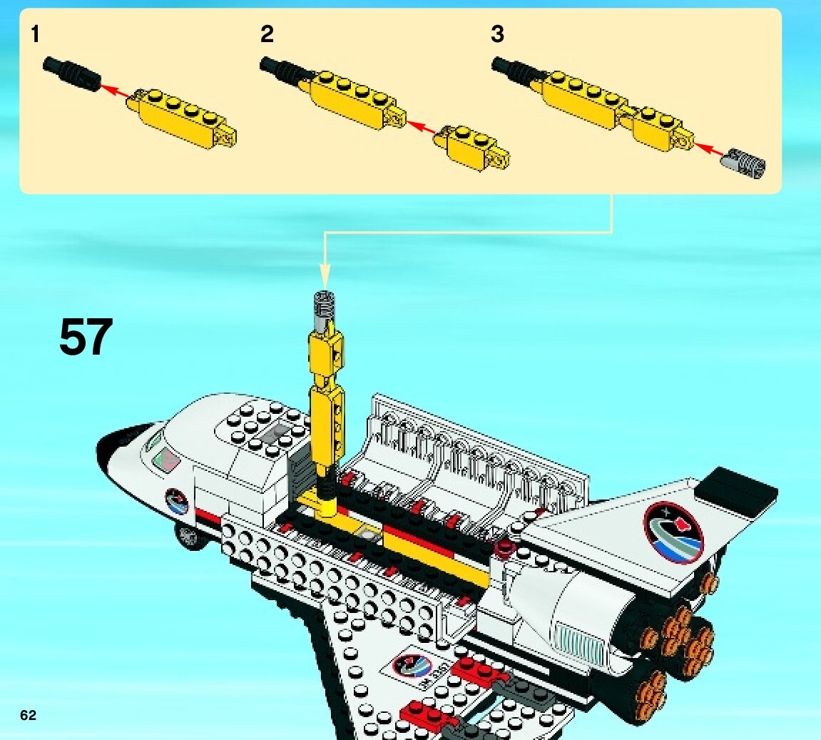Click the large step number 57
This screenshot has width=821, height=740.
coord(86,337)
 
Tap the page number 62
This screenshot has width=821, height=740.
coord(28,716)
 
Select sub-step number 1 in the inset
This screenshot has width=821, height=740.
coord(35,34)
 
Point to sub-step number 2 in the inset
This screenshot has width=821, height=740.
coord(267,34)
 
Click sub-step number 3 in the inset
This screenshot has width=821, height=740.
coord(497,34)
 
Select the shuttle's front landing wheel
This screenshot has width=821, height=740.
coord(189,537)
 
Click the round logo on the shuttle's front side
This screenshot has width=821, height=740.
coord(177,502)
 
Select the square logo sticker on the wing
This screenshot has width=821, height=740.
coord(414,669)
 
